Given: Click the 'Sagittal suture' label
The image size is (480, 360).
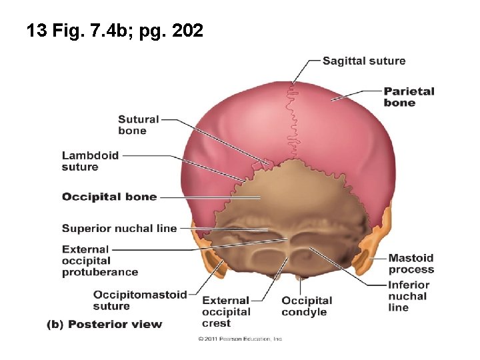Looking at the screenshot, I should pyautogui.click(x=363, y=61).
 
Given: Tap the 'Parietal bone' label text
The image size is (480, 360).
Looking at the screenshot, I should pyautogui.click(x=409, y=97).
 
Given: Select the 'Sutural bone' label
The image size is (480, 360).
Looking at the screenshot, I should pyautogui.click(x=138, y=125).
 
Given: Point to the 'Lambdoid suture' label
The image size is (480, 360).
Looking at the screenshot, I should pyautogui.click(x=90, y=161).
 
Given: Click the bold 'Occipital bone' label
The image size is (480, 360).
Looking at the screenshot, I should pyautogui.click(x=109, y=197).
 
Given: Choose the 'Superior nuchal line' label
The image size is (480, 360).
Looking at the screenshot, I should pyautogui.click(x=119, y=228).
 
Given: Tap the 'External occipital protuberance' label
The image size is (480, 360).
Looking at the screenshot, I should pyautogui.click(x=99, y=261).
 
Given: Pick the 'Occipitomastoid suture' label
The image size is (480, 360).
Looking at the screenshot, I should pyautogui.click(x=140, y=300).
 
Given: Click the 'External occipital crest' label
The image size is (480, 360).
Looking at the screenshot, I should pyautogui.click(x=226, y=312).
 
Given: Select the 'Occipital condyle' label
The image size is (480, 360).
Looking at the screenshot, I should pyautogui.click(x=306, y=306).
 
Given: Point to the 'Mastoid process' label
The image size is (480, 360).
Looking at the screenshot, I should pyautogui.click(x=411, y=263).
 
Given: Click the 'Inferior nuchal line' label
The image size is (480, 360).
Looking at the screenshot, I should pyautogui.click(x=408, y=296).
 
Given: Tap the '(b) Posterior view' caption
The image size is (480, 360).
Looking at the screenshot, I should pyautogui.click(x=104, y=325).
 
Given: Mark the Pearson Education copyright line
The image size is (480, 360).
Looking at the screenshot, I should pyautogui.click(x=241, y=339).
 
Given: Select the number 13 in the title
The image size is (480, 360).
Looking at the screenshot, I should pyautogui.click(x=35, y=31).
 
